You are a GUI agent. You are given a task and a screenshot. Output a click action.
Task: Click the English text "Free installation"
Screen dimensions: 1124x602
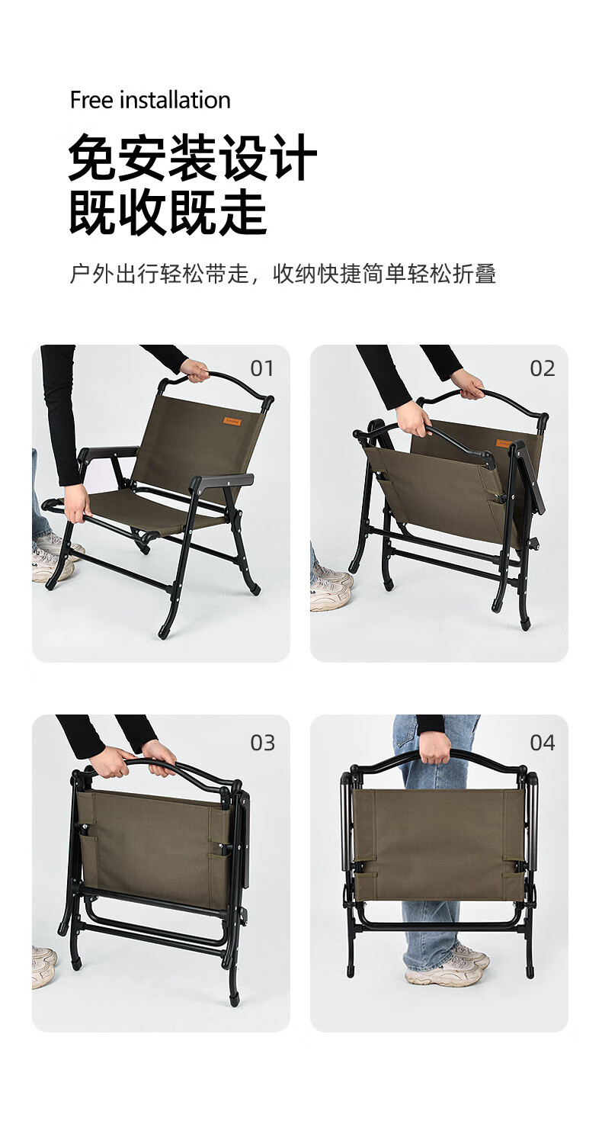pyautogui.click(x=150, y=101)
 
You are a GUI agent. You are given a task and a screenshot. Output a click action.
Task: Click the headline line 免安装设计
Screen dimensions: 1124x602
pyautogui.click(x=192, y=158)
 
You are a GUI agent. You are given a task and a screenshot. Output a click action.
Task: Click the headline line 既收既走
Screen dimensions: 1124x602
pyautogui.click(x=168, y=213)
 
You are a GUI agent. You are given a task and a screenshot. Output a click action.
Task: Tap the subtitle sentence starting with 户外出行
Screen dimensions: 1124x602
pyautogui.click(x=283, y=275)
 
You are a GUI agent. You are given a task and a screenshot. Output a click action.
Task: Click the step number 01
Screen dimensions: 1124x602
pyautogui.click(x=262, y=369)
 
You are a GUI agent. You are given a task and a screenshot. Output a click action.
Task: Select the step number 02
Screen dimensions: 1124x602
pyautogui.click(x=542, y=369)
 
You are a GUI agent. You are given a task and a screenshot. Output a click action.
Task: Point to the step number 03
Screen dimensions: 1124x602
pyautogui.click(x=262, y=743)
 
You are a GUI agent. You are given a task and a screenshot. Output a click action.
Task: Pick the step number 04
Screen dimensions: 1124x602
pyautogui.click(x=542, y=743)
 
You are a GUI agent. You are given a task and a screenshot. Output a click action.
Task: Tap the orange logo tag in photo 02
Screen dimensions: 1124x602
pyautogui.click(x=504, y=444)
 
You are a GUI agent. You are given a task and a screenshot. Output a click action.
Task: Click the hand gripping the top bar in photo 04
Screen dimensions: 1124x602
pyautogui.click(x=434, y=747)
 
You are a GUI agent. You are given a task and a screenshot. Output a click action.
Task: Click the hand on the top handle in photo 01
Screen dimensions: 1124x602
pyautogui.click(x=195, y=370)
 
